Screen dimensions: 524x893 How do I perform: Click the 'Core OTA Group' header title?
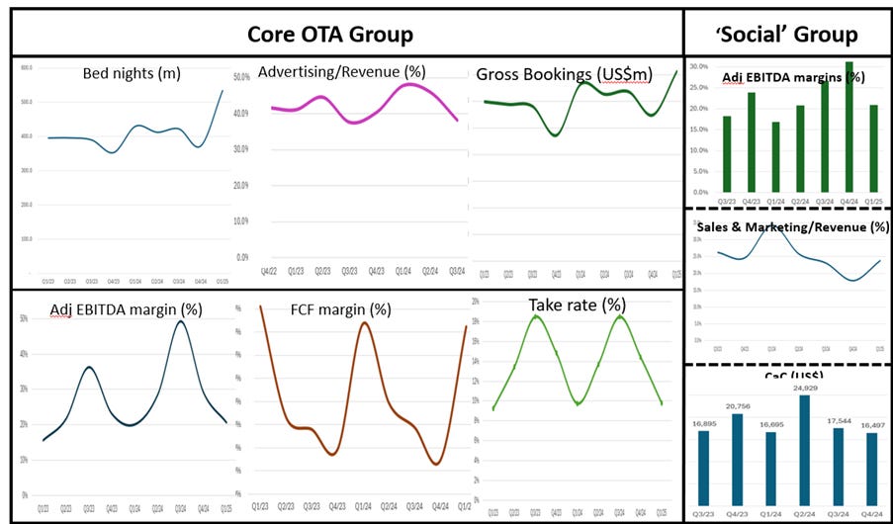point(329,34)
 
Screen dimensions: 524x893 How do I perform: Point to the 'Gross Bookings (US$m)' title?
point(563,75)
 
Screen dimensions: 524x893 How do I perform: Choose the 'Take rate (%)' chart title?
point(571,304)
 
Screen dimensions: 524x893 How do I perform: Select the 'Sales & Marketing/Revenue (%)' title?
point(792,226)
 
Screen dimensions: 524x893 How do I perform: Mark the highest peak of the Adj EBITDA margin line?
point(180,321)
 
